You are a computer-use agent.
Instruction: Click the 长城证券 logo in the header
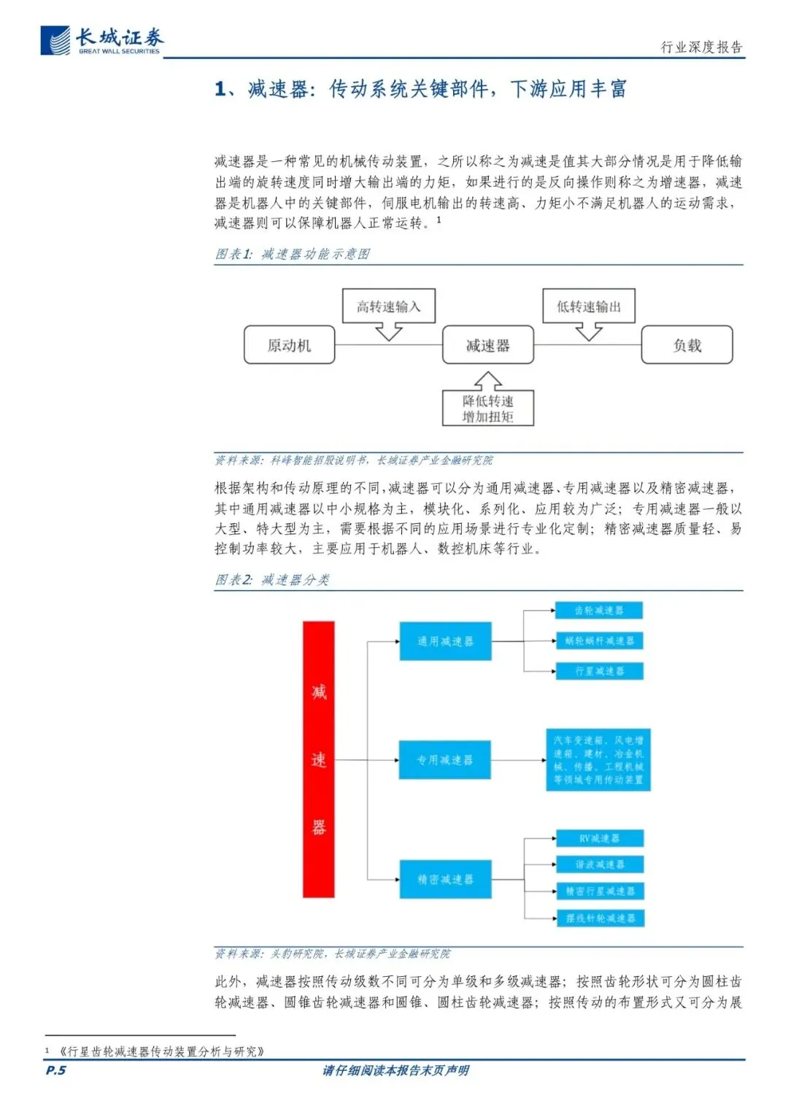coord(102,40)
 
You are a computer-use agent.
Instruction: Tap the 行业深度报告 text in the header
coord(701,47)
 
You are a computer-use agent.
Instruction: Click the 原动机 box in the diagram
coord(289,345)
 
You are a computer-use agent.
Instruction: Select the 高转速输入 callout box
coord(388,306)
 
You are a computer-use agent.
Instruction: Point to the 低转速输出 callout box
coord(588,306)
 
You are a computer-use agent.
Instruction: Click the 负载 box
coord(687,345)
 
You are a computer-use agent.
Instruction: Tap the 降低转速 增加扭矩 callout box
coord(487,409)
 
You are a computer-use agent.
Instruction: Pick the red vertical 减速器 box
coord(319,759)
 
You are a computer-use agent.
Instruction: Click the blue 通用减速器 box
coord(445,641)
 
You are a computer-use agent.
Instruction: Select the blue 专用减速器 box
coord(444,759)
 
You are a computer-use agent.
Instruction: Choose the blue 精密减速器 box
coord(445,879)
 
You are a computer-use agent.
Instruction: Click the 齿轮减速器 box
coord(599,610)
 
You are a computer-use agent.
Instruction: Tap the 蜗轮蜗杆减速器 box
coord(599,641)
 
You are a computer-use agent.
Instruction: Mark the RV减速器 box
coord(599,838)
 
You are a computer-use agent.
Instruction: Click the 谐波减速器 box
coord(599,864)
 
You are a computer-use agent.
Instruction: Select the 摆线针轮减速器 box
coord(600,918)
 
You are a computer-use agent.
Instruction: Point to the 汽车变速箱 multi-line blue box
coord(598,759)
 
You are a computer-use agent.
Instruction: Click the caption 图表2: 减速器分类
coord(272,580)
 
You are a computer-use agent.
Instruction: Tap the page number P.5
coord(55,1070)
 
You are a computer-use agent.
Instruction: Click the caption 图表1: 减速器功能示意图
coord(293,254)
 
